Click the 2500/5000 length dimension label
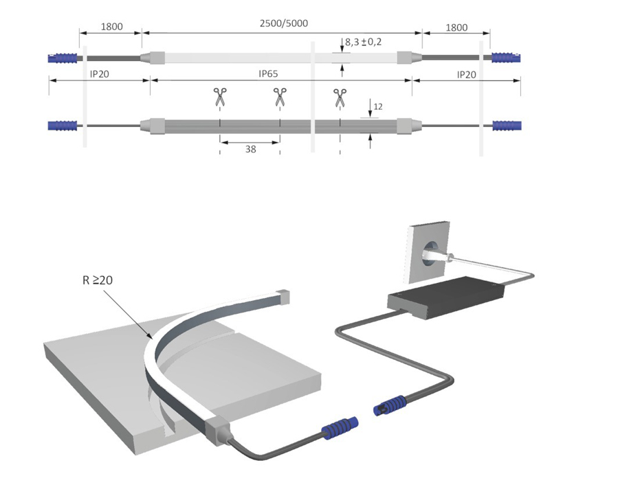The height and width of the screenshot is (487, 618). click(x=284, y=23)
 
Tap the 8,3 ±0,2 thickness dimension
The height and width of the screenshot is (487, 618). click(x=364, y=42)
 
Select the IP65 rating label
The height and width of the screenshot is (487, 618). click(x=268, y=73)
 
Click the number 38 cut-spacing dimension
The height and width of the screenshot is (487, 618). click(x=251, y=149)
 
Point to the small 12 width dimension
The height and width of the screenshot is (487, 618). click(x=378, y=106)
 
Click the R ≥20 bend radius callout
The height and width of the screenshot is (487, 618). click(x=98, y=280)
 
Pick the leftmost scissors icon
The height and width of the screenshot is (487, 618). click(x=220, y=97)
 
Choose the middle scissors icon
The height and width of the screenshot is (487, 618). click(x=280, y=97)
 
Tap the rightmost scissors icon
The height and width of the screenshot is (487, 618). click(x=340, y=98)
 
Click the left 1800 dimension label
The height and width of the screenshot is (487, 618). click(x=112, y=27)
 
